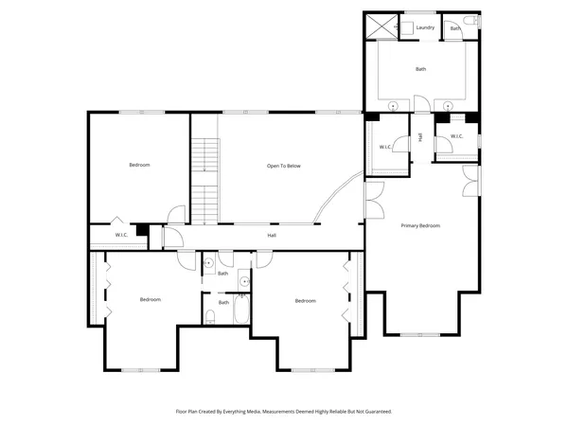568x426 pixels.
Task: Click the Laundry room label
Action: coord(425,27)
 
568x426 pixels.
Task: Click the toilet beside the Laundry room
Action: coord(470,20)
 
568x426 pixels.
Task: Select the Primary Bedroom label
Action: coord(420,225)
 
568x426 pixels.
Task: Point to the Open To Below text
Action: coord(283,166)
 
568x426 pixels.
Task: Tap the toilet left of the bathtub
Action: coord(213,316)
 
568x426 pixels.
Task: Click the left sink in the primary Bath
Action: coord(392,105)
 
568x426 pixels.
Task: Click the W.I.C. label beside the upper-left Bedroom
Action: coord(121,235)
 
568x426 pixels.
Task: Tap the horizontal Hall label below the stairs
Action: coord(272,235)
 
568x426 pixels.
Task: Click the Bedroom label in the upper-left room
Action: coord(139,166)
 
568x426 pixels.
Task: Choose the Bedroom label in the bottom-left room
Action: coord(151,300)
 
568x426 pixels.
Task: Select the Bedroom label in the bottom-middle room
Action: coord(305,301)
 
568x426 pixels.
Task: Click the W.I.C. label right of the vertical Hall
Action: coord(456,136)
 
